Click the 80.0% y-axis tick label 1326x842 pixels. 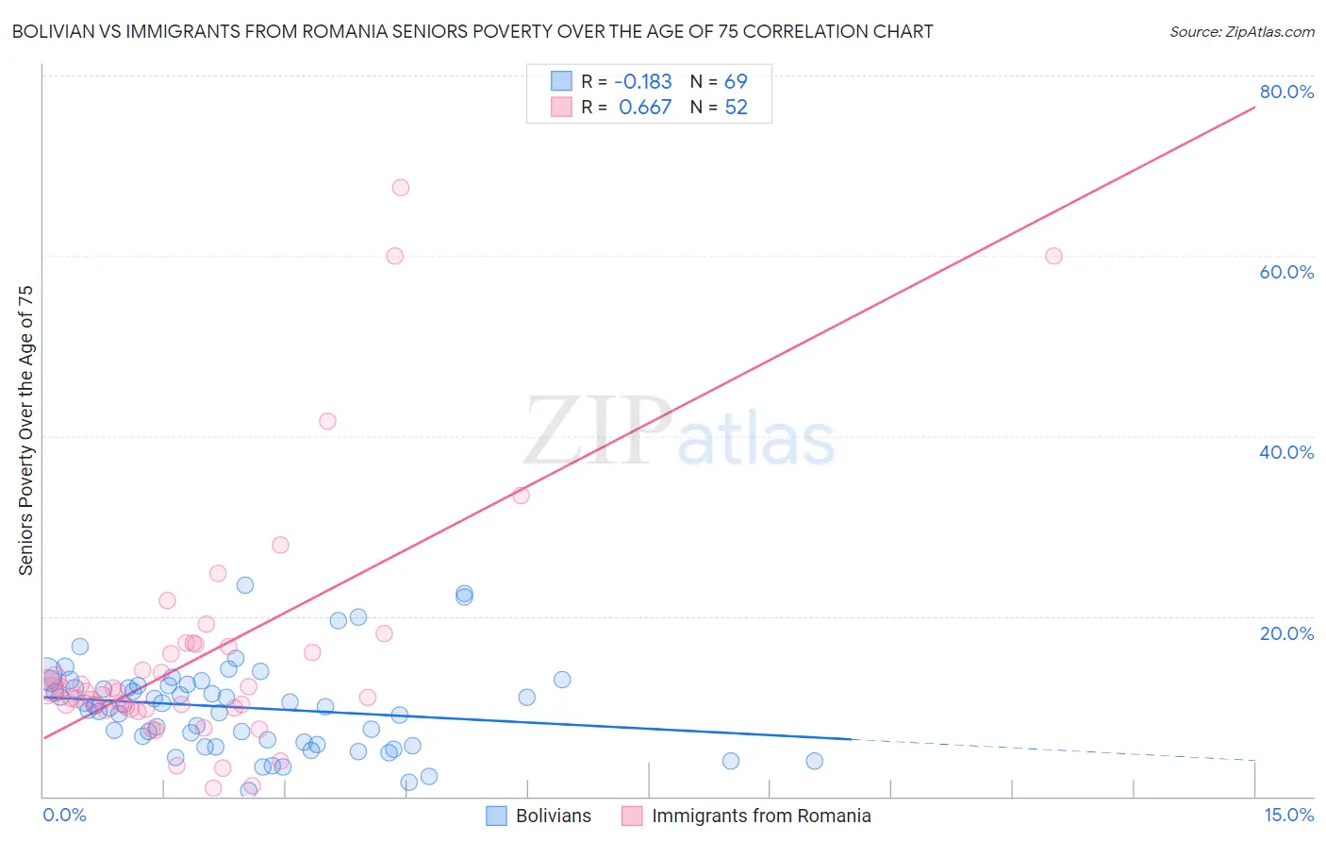1286,92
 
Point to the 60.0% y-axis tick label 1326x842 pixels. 1286,272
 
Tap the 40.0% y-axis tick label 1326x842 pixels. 1286,452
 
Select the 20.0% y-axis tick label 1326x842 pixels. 1286,632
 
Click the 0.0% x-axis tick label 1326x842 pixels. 64,815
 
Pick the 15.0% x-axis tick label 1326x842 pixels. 1288,815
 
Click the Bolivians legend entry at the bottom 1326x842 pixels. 553,816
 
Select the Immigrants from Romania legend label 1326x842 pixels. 760,816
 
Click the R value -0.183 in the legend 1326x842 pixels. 644,81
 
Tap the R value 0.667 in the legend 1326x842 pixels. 645,108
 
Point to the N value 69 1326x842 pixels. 736,81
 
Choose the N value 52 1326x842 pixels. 736,108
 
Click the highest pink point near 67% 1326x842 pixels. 400,188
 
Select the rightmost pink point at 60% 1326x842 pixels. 1053,256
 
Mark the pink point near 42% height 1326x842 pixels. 327,421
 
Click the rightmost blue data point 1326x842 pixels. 814,761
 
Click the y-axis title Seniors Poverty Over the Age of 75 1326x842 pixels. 25,430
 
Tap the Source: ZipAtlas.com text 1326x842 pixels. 1241,32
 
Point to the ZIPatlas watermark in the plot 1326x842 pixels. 679,432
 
